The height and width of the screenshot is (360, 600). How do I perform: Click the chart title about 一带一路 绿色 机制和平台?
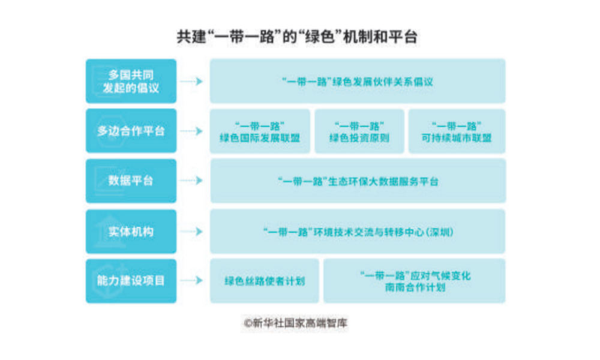click(297, 37)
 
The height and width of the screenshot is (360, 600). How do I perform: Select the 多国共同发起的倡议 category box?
click(131, 81)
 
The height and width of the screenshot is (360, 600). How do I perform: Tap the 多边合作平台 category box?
click(131, 131)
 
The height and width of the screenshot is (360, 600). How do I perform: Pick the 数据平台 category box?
click(131, 181)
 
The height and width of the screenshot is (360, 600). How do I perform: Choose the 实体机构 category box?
click(131, 232)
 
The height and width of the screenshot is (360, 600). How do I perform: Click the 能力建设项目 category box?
click(131, 281)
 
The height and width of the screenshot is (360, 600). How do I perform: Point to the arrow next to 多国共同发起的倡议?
click(191, 81)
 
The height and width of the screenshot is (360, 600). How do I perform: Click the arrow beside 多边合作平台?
click(191, 131)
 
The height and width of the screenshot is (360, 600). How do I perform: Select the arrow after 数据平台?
click(191, 181)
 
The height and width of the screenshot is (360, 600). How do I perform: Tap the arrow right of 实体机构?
click(191, 232)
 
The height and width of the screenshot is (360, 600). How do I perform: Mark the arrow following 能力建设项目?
click(191, 280)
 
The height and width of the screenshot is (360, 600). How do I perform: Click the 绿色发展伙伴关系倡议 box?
click(358, 81)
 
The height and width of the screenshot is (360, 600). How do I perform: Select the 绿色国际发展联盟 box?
click(260, 131)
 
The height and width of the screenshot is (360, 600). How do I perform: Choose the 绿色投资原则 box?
click(359, 131)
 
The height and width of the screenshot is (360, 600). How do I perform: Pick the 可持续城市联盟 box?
click(457, 131)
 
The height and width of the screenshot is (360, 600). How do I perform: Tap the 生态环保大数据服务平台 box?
click(358, 181)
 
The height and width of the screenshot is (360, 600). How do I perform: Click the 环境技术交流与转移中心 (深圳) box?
click(358, 232)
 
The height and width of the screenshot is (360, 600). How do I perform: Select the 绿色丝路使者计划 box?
click(265, 281)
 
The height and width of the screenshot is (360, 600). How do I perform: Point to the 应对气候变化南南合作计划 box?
click(415, 281)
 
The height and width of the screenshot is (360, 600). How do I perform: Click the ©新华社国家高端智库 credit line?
click(295, 323)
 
